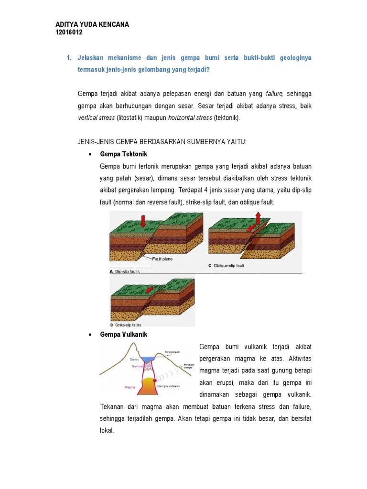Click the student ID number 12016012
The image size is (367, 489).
pos(69,33)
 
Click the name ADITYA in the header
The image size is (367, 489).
pos(68,25)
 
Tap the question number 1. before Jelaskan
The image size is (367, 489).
pos(69,58)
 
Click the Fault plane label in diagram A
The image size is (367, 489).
pos(162,259)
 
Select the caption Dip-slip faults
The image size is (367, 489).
pos(127,271)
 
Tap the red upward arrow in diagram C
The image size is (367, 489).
pos(259,219)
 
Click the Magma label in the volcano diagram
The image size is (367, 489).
pos(123,387)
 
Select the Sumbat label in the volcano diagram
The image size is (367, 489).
pos(137,366)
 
